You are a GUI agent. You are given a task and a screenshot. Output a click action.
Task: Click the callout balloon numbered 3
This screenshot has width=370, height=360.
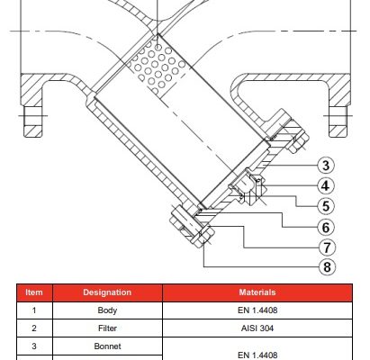[x=326, y=165]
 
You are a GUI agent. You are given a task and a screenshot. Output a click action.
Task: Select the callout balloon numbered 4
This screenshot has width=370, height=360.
[x=326, y=185]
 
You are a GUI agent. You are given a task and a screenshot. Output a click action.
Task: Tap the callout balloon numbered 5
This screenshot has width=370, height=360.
[x=326, y=206]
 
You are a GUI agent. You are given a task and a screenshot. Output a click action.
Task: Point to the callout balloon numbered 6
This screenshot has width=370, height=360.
[x=326, y=227]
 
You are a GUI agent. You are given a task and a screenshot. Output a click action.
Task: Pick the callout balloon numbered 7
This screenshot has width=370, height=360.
[x=327, y=247]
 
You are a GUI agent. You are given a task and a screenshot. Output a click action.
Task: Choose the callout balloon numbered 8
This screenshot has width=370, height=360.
[x=327, y=266]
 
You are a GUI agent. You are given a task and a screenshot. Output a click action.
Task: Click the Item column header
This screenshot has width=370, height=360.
[x=34, y=292]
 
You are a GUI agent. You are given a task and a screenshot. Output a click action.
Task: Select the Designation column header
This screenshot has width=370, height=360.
[x=107, y=292]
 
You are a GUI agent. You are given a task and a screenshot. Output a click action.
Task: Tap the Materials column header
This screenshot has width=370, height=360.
[x=257, y=292]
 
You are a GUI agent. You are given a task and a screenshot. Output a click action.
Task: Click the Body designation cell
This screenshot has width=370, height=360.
[x=107, y=310]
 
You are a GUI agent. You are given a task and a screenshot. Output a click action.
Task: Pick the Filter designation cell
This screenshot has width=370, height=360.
[x=107, y=328]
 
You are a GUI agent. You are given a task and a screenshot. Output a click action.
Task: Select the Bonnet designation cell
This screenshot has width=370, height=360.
[x=107, y=346]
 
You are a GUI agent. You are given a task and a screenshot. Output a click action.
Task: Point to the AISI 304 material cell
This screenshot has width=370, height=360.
[x=257, y=328]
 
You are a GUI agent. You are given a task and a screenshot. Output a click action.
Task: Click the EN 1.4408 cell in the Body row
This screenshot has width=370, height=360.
[x=257, y=310]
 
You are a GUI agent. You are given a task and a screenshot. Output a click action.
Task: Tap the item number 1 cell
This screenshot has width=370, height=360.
[x=34, y=310]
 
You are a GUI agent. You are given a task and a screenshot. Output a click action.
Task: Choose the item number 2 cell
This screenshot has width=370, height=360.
[x=34, y=328]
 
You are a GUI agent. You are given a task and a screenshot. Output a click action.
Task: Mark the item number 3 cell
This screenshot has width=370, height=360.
[x=34, y=346]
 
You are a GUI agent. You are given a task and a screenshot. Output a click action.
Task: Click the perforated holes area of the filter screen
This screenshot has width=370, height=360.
[x=156, y=66]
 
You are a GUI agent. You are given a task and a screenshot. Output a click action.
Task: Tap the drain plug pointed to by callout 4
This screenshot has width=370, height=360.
[x=248, y=187]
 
